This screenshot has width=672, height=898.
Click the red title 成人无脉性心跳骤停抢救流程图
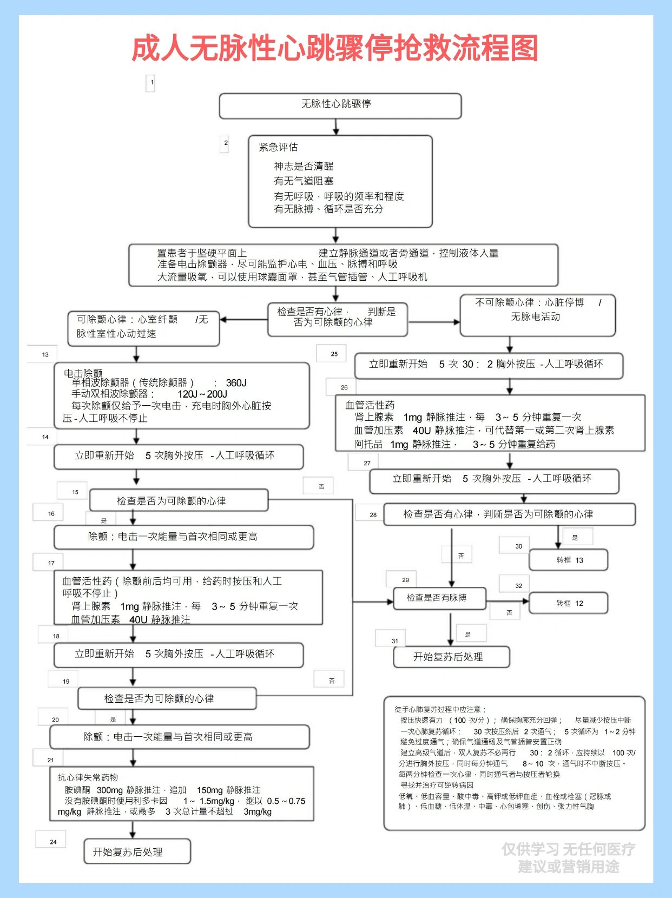[335, 49]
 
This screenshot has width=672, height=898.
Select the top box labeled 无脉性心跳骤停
[340, 105]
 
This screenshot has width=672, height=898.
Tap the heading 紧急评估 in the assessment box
[278, 147]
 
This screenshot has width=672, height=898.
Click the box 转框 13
[568, 560]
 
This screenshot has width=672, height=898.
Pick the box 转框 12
[568, 603]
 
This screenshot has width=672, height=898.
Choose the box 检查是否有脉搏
[439, 598]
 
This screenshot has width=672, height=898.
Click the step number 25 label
[334, 354]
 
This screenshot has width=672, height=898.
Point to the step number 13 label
[45, 355]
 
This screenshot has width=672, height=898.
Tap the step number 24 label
[53, 842]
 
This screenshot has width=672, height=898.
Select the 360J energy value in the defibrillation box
[236, 382]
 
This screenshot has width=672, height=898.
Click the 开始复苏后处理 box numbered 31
[451, 657]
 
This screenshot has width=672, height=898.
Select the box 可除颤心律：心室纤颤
[143, 328]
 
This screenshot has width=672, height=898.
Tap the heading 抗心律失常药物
[88, 777]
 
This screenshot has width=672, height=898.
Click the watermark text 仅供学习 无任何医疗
[568, 849]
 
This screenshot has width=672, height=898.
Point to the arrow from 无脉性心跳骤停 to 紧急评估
[336, 127]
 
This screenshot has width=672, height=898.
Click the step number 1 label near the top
[152, 83]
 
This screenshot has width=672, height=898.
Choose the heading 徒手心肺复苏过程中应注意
[440, 709]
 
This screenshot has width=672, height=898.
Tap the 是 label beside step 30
[575, 537]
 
